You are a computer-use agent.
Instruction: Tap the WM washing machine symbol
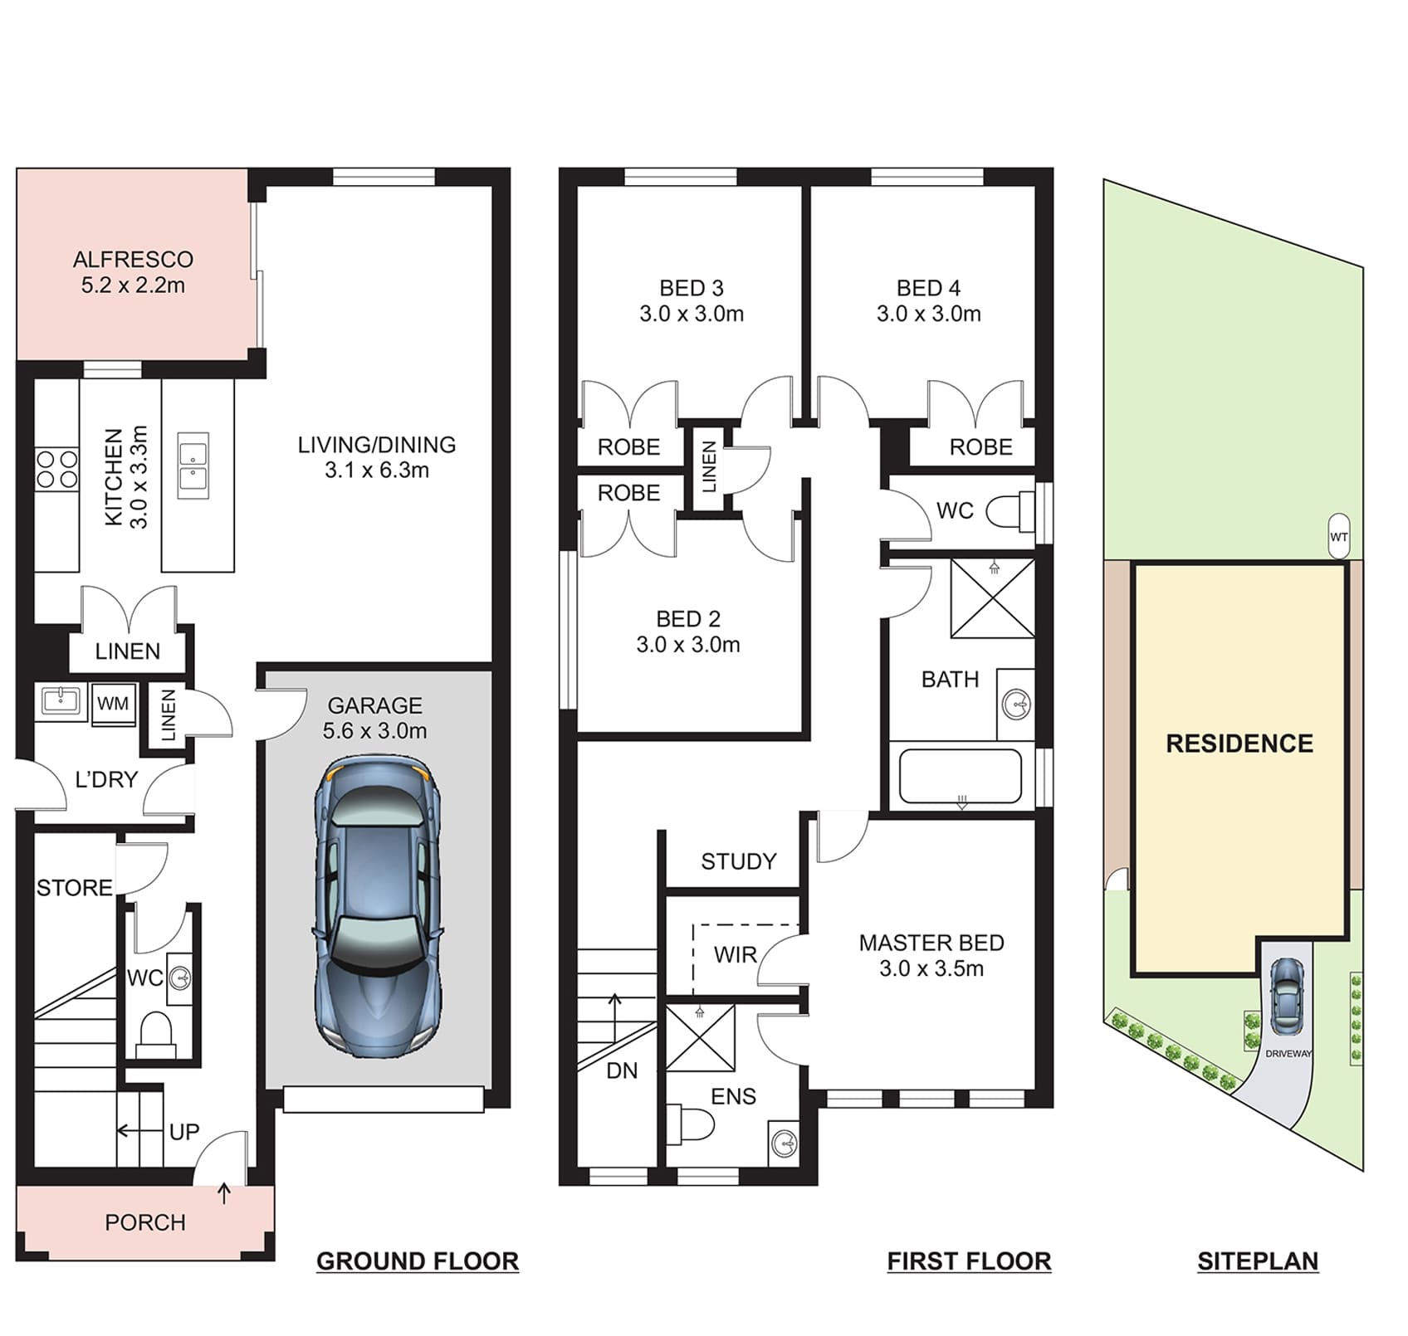tap(113, 705)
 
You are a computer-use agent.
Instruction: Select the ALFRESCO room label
tap(133, 259)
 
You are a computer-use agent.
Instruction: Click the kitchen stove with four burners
tap(56, 469)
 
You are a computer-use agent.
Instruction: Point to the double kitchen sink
tap(193, 466)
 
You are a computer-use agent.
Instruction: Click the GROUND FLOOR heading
tap(418, 1261)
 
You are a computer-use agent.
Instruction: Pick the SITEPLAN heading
tap(1258, 1261)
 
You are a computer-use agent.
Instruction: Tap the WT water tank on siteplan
tap(1338, 536)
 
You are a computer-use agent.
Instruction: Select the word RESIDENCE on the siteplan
tap(1239, 744)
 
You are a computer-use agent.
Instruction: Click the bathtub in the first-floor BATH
tap(961, 777)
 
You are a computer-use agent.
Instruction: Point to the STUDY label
tap(739, 861)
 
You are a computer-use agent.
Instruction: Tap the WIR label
tap(736, 955)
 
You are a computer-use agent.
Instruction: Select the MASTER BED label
tap(931, 943)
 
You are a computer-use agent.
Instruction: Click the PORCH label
tap(145, 1222)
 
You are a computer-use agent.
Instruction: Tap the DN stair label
tap(622, 1071)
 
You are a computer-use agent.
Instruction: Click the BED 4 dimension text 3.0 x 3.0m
tap(929, 314)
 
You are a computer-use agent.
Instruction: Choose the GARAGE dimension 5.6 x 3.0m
tap(375, 731)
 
